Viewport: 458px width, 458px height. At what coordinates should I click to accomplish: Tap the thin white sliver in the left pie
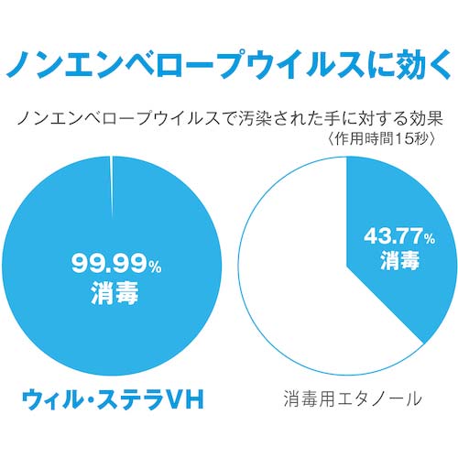[x=111, y=174]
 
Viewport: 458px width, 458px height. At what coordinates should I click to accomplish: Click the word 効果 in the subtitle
[x=421, y=118]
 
